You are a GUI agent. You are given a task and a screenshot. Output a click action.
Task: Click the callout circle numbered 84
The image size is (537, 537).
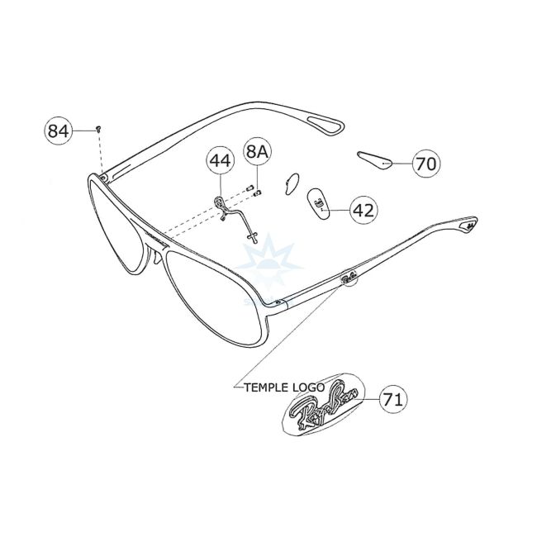tap(58, 131)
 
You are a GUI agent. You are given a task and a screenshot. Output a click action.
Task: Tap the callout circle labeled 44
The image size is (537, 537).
tap(219, 159)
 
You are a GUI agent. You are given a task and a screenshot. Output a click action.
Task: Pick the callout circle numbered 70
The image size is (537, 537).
tap(425, 164)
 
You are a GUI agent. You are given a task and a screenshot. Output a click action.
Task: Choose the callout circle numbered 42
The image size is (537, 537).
tap(363, 210)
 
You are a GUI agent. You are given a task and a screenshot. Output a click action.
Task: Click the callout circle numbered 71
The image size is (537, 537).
tap(393, 400)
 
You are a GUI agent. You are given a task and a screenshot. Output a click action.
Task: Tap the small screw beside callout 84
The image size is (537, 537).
tap(98, 128)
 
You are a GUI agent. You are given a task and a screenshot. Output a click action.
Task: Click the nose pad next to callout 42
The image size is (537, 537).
tap(320, 202)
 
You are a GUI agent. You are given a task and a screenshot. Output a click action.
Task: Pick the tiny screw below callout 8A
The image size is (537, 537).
tap(257, 193)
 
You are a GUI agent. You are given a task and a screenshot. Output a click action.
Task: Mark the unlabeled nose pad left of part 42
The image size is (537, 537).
tap(292, 182)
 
